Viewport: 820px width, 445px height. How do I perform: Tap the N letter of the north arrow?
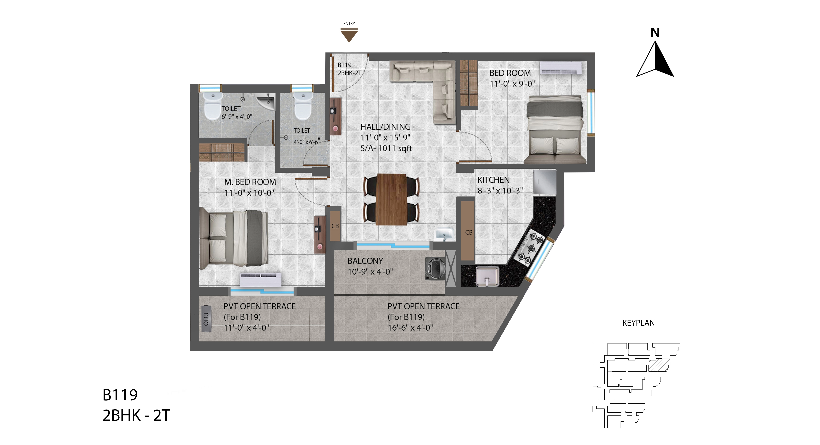[655, 33]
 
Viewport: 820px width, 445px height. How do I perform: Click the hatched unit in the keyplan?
[659, 365]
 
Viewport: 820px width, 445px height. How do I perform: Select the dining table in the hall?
[391, 199]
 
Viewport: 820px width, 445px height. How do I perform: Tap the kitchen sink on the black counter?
[487, 276]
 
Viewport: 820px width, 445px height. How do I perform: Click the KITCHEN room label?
[493, 180]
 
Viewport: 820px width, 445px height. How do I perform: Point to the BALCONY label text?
[365, 261]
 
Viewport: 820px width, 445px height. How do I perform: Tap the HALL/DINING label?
[385, 127]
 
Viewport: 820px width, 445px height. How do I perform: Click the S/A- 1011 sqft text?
[386, 148]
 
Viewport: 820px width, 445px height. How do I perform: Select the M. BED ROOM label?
[250, 182]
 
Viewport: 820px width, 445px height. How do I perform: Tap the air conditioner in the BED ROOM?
[561, 68]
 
